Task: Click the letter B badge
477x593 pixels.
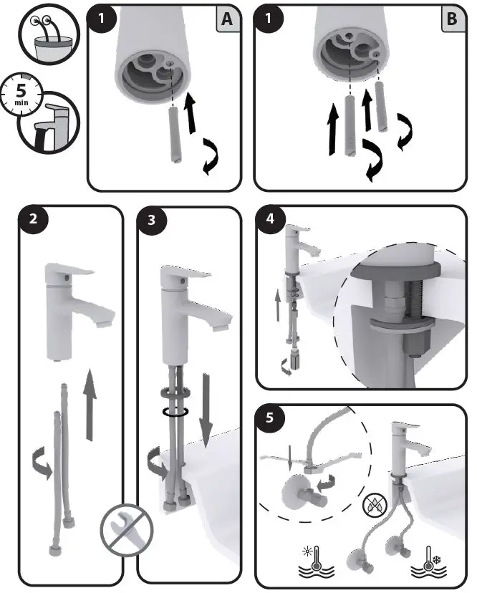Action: click(451, 19)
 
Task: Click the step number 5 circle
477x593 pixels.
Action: click(270, 418)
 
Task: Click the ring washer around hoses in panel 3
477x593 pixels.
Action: click(175, 411)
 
